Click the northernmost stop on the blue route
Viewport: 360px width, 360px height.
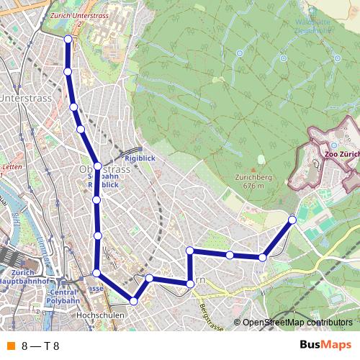68,40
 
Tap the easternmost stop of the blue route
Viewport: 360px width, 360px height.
292,219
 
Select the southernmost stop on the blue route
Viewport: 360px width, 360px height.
133,300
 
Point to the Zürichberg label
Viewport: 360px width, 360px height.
250,177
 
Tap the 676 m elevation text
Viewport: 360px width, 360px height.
250,186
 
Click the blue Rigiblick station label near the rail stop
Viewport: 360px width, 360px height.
140,158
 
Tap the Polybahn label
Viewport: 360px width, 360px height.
63,301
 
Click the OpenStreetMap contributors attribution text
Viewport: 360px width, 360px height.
297,323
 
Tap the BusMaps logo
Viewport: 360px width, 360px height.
325,345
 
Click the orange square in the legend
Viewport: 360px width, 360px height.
10,346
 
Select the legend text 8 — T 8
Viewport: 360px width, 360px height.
40,346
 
